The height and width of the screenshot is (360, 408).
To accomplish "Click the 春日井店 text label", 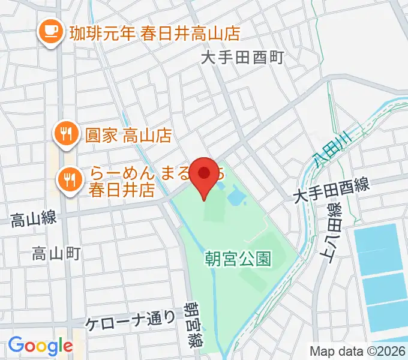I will click(x=122, y=191).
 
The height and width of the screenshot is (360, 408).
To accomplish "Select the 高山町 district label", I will click(x=56, y=254).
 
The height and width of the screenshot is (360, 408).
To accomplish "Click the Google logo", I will click(x=40, y=346).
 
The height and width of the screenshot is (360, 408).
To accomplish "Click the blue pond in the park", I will click(x=235, y=194).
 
